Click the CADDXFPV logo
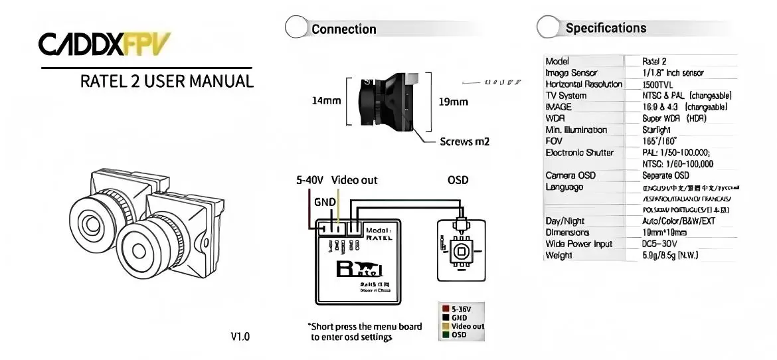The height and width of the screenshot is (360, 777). (x=104, y=45)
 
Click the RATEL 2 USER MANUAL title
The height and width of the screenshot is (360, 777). (x=167, y=82)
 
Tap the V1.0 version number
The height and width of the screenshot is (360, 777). (x=240, y=337)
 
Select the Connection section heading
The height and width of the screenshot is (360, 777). (x=343, y=29)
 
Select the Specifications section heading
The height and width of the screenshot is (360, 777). (x=606, y=28)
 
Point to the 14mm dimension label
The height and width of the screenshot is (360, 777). (x=326, y=102)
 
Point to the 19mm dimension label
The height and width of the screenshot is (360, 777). (x=454, y=102)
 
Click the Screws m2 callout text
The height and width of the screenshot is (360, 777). (x=465, y=141)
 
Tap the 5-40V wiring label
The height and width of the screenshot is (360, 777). (x=309, y=180)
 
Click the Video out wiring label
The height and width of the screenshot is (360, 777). (x=354, y=180)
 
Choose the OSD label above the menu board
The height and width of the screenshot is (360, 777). (x=458, y=180)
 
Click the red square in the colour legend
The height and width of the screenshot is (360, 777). (x=445, y=310)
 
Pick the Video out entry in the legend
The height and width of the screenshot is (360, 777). (x=468, y=326)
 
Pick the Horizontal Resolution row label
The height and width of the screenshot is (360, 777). (x=583, y=84)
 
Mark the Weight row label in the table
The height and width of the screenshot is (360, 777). (x=559, y=255)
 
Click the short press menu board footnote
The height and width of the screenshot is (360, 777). (x=365, y=332)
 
